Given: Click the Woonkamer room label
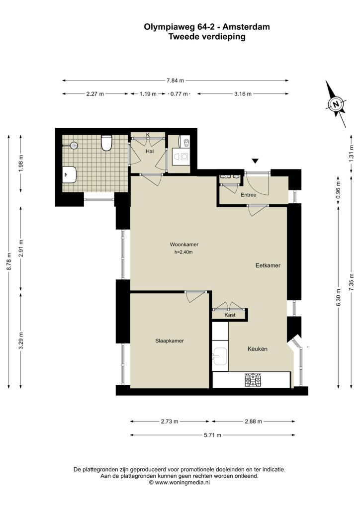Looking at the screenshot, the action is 184,245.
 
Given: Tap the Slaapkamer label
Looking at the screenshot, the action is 170,341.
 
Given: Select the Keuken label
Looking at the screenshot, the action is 258,349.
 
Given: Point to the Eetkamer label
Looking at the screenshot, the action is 268,265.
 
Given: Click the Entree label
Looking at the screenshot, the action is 248,195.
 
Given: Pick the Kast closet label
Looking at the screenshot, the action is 230,315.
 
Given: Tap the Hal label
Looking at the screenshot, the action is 150,151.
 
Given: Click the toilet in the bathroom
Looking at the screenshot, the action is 106,143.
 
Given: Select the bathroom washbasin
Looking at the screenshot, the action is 69,174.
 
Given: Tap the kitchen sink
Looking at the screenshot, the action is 220,356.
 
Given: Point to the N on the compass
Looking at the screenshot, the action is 336,104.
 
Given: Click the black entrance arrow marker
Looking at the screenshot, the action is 256,161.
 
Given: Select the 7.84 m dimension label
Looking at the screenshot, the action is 176,81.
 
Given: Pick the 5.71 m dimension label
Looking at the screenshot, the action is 213,435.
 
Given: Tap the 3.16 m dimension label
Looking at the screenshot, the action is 243,94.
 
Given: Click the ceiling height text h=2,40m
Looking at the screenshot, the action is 183,252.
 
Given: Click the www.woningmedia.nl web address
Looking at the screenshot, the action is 182,482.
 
